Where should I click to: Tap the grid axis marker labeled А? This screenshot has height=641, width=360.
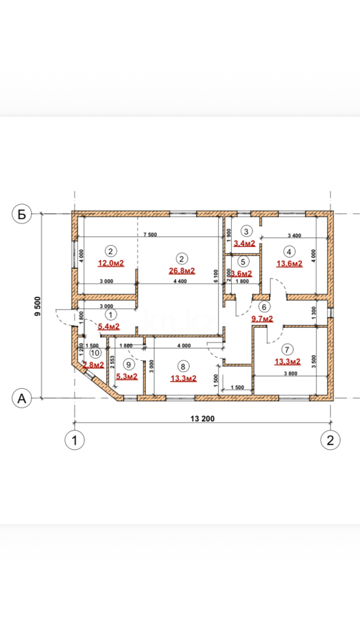click(22, 399)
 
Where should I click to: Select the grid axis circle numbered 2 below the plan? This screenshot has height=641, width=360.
click(330, 440)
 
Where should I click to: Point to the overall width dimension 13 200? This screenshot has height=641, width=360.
click(202, 418)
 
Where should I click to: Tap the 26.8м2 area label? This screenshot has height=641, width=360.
click(181, 271)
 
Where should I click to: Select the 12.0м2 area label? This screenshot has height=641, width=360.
click(110, 263)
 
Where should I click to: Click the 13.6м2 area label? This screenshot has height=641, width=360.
click(289, 263)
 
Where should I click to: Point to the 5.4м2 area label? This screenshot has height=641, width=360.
click(109, 326)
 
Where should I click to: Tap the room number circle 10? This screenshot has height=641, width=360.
click(95, 352)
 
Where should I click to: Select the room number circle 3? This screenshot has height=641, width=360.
click(247, 231)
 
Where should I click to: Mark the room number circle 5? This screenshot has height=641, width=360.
click(242, 261)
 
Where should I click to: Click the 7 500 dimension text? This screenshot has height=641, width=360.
click(150, 235)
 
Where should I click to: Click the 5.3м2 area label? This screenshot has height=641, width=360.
click(127, 377)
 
